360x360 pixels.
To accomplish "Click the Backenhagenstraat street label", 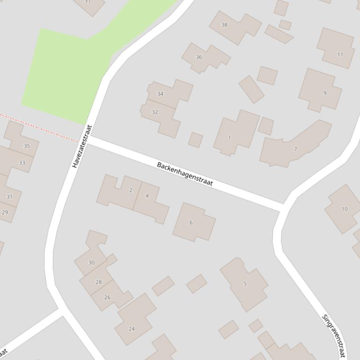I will (185, 174).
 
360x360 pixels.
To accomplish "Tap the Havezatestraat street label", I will (82, 146).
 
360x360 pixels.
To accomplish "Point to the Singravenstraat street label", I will (334, 335).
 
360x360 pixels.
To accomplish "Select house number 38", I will (224, 25).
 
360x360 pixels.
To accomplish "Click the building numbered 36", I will (199, 57).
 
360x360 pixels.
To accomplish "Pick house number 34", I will (160, 94).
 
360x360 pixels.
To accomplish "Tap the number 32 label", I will (154, 112).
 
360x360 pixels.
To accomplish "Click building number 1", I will (229, 137).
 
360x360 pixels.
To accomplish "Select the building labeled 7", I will (295, 149).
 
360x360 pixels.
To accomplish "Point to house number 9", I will (325, 93).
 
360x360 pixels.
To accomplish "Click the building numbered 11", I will (340, 54).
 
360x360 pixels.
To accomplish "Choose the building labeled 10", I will (345, 209).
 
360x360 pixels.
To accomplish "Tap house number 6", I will (191, 222).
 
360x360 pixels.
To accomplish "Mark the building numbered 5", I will (245, 283).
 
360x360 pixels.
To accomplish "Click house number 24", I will (132, 329).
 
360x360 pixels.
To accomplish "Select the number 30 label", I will (91, 262).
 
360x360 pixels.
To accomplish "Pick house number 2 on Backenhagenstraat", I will (131, 190).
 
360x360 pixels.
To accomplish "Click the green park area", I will (66, 75).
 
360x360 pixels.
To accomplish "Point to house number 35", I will (27, 146).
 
